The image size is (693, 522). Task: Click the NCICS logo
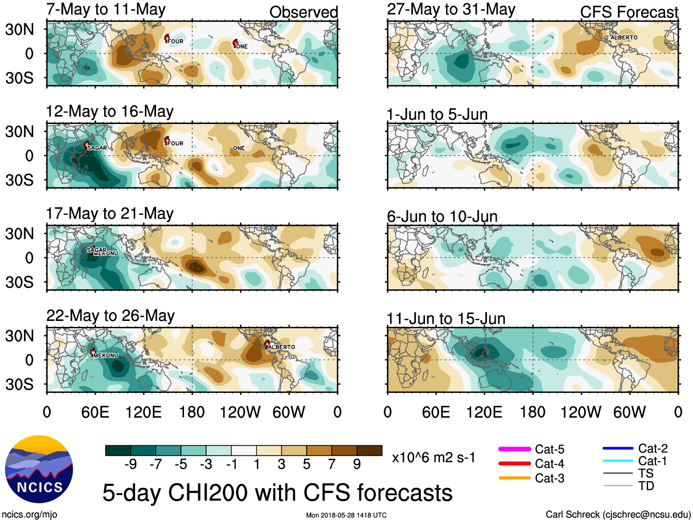(x=39, y=469)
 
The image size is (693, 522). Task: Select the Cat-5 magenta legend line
(x=514, y=449)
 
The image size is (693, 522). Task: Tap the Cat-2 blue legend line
(x=618, y=448)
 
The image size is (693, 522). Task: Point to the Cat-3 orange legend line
(x=514, y=478)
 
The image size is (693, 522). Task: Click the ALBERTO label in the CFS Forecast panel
(x=624, y=38)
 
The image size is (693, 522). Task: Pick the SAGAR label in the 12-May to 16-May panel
(x=97, y=148)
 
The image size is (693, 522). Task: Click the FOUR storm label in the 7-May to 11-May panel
(x=175, y=41)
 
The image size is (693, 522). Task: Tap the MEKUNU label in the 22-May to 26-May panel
(x=106, y=355)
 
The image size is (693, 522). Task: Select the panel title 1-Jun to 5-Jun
(x=437, y=114)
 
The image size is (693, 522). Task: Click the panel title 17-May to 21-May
(x=110, y=213)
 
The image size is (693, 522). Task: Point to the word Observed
(x=303, y=12)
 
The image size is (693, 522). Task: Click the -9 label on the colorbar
(x=130, y=465)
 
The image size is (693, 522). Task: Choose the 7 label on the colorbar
(x=332, y=465)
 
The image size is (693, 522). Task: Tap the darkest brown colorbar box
(x=369, y=450)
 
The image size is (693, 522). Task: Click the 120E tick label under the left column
(x=143, y=412)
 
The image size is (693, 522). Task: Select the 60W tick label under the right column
(x=629, y=412)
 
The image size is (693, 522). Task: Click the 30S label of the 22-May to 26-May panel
(x=19, y=384)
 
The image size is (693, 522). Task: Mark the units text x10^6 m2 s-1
(x=433, y=458)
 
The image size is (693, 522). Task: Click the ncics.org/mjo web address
(x=29, y=515)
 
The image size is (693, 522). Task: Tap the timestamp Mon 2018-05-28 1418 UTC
(x=346, y=515)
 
